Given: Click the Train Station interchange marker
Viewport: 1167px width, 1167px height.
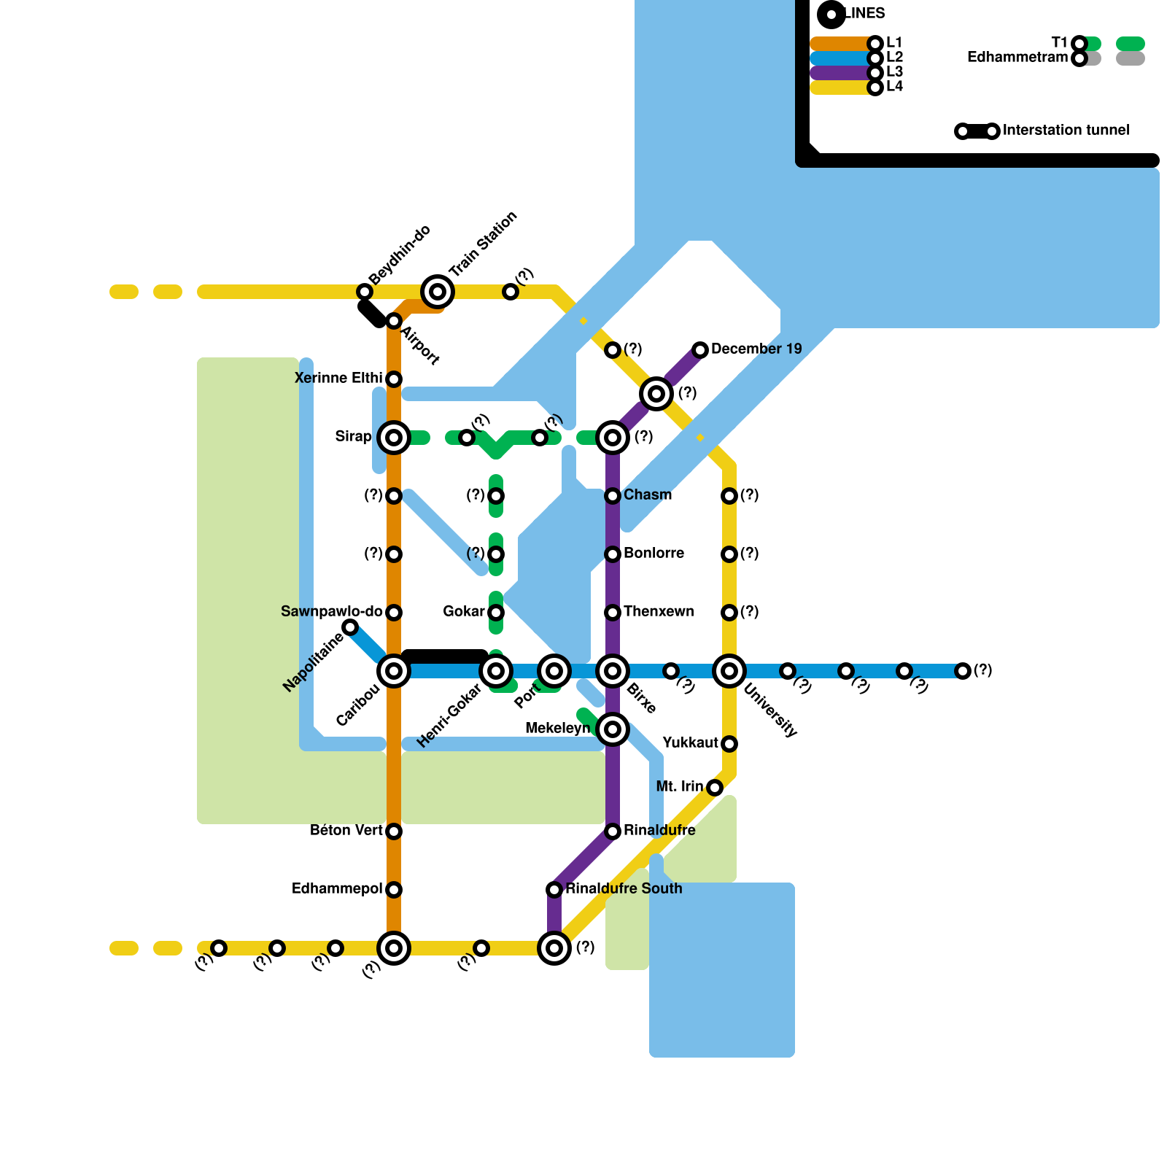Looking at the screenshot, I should point(438,292).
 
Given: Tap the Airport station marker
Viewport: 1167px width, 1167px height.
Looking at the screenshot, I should point(394,321).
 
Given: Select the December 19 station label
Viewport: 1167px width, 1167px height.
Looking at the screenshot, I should point(756,349).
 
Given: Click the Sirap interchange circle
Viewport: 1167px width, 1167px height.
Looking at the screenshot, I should point(394,438).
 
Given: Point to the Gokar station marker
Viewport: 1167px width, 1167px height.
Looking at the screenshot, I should point(496,613).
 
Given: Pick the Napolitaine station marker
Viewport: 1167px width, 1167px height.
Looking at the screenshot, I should point(350,627).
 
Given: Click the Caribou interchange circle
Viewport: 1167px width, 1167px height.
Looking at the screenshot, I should point(394,671).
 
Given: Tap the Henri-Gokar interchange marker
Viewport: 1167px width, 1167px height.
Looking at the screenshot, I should point(496,671).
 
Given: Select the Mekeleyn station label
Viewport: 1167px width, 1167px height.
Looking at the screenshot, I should point(557,729).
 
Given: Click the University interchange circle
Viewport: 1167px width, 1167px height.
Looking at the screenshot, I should point(729,671).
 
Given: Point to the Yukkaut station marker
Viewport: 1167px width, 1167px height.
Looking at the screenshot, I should point(729,744).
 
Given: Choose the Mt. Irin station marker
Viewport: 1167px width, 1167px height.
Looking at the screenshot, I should point(715,788).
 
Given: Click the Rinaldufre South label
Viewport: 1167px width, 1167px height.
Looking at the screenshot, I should point(624,889).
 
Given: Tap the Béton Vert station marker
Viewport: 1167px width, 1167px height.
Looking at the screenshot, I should point(394,831).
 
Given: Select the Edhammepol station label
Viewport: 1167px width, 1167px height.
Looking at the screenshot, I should point(337,889).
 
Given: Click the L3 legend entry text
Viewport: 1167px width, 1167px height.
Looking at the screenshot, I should point(895,72).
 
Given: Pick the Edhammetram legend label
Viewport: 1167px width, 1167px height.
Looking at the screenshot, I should point(1017,58).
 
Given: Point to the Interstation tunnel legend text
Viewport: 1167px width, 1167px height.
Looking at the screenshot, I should point(1066,131).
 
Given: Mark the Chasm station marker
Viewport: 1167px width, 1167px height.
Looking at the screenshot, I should point(613,496).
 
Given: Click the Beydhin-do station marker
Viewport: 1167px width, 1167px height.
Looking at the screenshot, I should point(365,292).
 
